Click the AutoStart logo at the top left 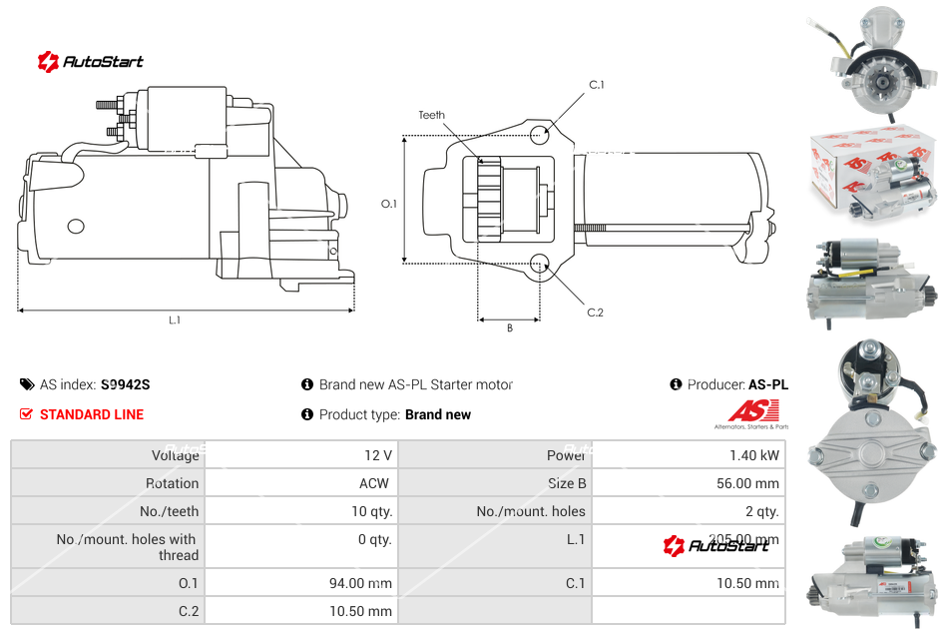[91, 62]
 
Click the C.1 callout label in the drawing [597, 85]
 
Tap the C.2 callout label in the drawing [596, 313]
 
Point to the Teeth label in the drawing [432, 115]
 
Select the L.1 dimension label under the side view [175, 320]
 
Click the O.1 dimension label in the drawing [389, 204]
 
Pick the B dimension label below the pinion [509, 327]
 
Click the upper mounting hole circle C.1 [540, 134]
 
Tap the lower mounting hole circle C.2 [540, 264]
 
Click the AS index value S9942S [126, 384]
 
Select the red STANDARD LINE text [92, 414]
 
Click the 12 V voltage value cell [378, 455]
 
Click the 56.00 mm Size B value [748, 483]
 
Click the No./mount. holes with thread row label [128, 547]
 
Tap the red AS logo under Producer [752, 410]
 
